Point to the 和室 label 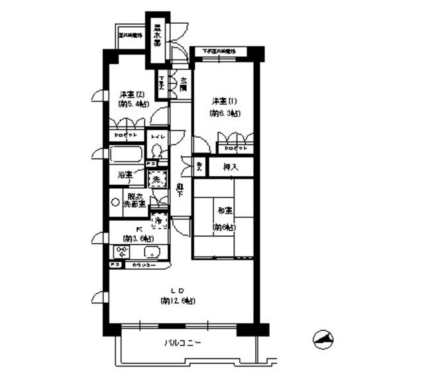(223, 211)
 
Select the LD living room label (178, 290)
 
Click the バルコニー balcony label (182, 343)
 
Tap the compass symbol (323, 339)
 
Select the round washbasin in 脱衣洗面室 (116, 201)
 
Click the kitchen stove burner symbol (121, 252)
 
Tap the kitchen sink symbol (152, 252)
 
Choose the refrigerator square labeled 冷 (158, 219)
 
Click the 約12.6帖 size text (178, 301)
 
